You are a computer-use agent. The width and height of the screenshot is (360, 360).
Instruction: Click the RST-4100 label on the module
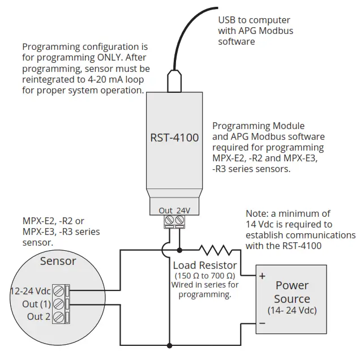[174, 137]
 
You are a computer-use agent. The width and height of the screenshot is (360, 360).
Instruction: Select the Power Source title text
[292, 292]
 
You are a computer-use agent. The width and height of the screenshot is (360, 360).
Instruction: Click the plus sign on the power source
[263, 277]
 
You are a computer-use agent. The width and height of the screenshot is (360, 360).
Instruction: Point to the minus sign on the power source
[263, 323]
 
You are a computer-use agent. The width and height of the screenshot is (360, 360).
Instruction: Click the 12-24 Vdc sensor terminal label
[31, 291]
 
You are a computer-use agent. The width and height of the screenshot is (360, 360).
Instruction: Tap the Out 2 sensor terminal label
[38, 316]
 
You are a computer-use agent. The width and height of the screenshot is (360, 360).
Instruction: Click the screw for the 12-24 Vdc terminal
[58, 291]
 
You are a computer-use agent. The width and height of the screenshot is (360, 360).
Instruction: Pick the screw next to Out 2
[58, 317]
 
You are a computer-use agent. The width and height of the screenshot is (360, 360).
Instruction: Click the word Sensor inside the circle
[58, 261]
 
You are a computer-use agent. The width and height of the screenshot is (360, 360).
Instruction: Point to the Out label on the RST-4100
[165, 211]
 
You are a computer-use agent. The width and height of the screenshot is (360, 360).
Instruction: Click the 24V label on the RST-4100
[184, 211]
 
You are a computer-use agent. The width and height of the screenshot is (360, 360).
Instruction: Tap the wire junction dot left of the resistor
[179, 250]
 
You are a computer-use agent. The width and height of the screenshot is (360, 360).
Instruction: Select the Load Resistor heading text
[205, 265]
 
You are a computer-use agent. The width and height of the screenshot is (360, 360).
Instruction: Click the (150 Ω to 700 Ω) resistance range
[204, 275]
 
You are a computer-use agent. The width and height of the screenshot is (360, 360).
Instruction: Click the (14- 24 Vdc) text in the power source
[292, 311]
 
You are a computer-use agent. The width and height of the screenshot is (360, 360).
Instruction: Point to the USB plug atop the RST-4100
[174, 81]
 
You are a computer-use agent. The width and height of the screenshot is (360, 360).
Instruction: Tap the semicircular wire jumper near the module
[164, 250]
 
